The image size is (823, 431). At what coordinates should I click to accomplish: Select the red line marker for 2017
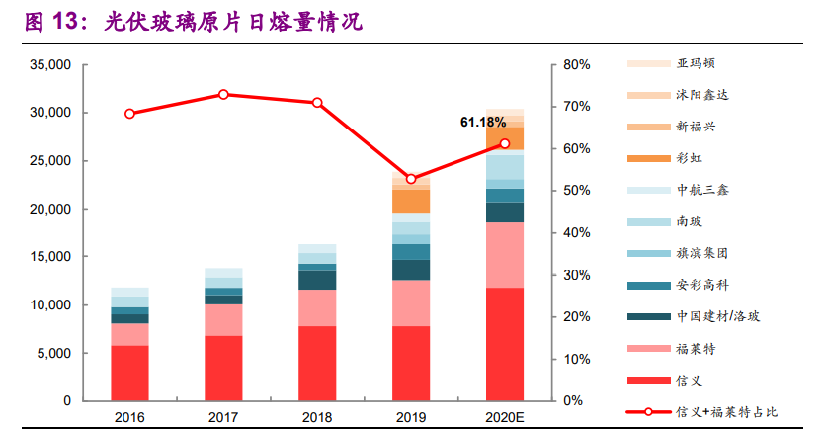click(223, 95)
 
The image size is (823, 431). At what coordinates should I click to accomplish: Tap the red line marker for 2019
click(411, 179)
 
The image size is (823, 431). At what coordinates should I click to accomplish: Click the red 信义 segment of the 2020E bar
click(504, 344)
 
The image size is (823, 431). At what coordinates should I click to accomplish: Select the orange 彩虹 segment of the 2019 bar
click(411, 201)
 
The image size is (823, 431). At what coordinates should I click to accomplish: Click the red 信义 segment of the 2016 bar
click(129, 373)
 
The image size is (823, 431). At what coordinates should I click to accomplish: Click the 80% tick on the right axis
click(577, 65)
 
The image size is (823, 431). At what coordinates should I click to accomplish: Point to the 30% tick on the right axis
click(577, 275)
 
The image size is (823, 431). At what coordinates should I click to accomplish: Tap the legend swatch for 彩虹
click(645, 158)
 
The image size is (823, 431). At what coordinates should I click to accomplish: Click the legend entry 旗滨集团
click(704, 253)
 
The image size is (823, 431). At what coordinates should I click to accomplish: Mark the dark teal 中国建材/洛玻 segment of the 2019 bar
click(411, 270)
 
